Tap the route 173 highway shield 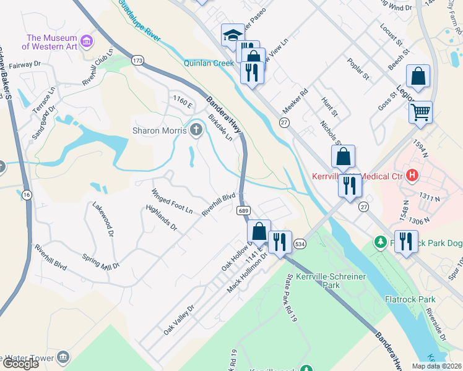pos(137,60)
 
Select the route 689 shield pos(243,211)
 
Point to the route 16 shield pos(26,195)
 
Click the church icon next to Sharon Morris pos(196,129)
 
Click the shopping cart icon pos(420,112)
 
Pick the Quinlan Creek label pos(208,62)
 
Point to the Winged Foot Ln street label pos(173,201)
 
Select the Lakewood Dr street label pos(103,220)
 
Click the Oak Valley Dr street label pos(179,320)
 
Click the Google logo pos(20,364)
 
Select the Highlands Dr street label pos(162,218)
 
